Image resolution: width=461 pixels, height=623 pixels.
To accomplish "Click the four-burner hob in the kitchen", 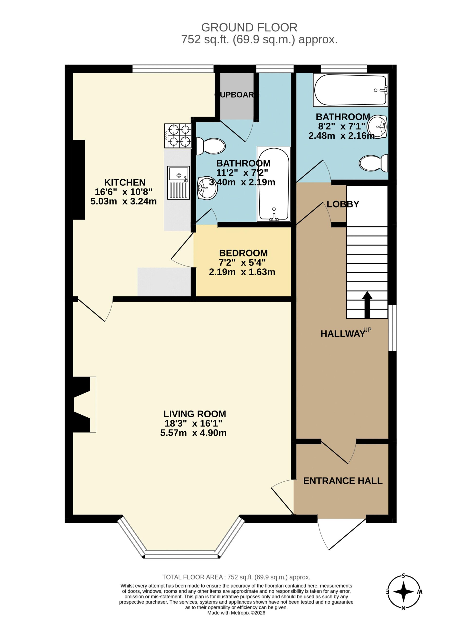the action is [178, 136].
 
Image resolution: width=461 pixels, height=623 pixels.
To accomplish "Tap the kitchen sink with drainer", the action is [179, 183].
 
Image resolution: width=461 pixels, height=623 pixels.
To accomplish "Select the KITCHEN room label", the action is [125, 182].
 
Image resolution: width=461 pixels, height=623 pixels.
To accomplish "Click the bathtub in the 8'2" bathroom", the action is [350, 90].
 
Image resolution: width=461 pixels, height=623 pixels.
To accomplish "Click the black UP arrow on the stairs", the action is [367, 305].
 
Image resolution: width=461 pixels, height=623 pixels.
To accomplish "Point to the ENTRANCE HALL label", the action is [343, 481].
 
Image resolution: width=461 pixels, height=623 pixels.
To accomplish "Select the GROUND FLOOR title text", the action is [249, 27].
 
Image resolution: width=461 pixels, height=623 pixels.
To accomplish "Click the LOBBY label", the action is [343, 204].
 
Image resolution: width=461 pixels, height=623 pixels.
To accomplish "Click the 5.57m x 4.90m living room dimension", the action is [193, 433].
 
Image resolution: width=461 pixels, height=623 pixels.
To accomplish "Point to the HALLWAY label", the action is [343, 334].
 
